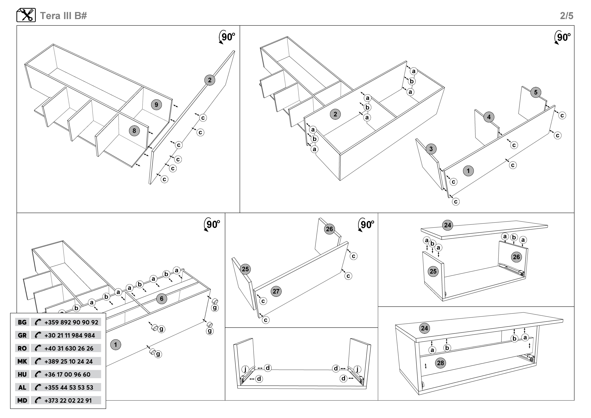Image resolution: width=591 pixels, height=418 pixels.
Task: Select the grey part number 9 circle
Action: (x=156, y=105)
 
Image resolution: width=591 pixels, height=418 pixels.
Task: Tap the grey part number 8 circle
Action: (x=134, y=131)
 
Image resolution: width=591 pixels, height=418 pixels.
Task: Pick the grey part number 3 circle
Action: (x=431, y=149)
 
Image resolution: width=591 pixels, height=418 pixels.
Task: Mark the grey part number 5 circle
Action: (x=536, y=92)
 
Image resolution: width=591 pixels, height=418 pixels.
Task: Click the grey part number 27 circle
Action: (x=276, y=291)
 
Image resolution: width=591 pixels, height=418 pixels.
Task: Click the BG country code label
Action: (x=22, y=322)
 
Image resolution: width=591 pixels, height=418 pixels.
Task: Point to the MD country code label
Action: (x=22, y=400)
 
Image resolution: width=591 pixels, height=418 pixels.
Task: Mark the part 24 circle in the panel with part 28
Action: (x=424, y=328)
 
